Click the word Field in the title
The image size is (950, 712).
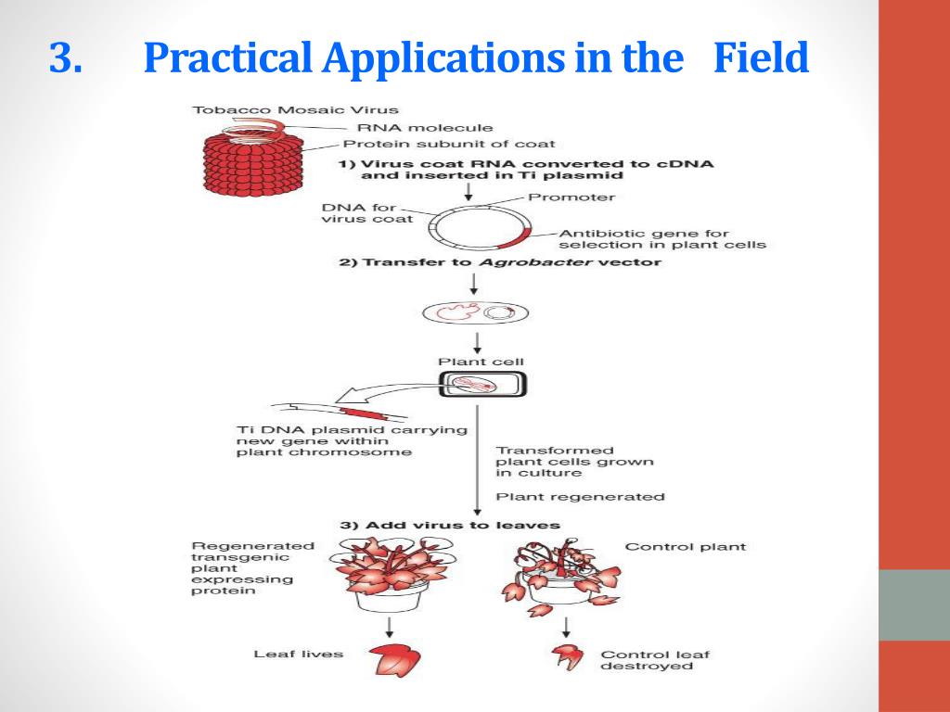coord(761,59)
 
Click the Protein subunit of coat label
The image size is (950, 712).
coord(449,144)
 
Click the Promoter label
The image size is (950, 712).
coord(571,197)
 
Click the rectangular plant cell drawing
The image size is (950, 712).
coord(482,383)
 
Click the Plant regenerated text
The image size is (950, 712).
coord(581,497)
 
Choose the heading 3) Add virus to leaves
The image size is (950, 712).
coord(450,525)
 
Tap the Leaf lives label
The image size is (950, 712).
coord(298,655)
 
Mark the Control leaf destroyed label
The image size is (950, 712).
coord(655,660)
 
